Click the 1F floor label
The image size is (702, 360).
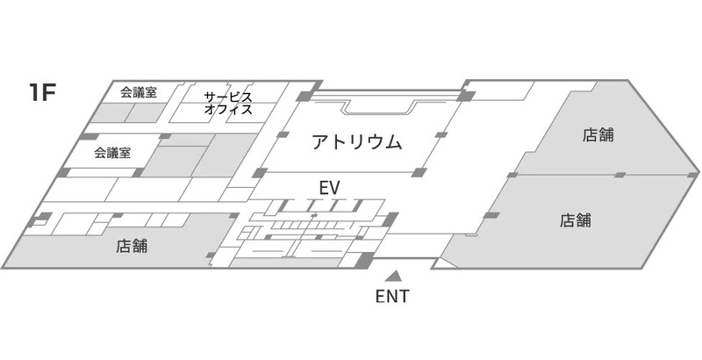click(x=42, y=93)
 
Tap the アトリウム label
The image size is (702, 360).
click(x=357, y=142)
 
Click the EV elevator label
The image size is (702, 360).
click(x=330, y=189)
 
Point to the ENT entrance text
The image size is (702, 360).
click(x=392, y=297)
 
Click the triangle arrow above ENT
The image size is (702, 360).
click(x=393, y=276)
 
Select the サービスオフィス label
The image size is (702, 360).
click(x=228, y=104)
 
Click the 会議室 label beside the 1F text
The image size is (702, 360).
click(x=139, y=93)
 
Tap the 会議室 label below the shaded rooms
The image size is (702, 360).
click(x=112, y=153)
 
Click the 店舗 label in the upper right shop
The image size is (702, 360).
click(x=598, y=134)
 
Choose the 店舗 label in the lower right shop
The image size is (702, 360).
click(x=576, y=220)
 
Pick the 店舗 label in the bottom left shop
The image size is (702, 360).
click(x=132, y=246)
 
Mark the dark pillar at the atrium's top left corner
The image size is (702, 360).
click(x=304, y=96)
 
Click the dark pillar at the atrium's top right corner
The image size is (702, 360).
click(x=467, y=96)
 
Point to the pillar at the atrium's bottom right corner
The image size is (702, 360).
click(x=419, y=172)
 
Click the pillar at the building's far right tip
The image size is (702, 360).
click(x=693, y=174)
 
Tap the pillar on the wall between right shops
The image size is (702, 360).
click(x=620, y=175)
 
